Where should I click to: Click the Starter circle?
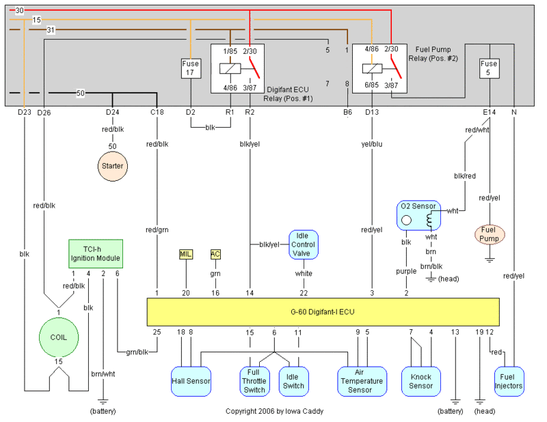[112, 165]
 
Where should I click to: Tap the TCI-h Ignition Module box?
[96, 253]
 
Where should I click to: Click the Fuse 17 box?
[190, 68]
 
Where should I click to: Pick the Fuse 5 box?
[489, 68]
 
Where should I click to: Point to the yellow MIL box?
[185, 254]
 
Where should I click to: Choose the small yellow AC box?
[215, 254]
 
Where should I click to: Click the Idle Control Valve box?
[303, 244]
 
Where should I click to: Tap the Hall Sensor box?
[191, 381]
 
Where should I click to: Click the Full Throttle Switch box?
[255, 381]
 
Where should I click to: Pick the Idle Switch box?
[293, 381]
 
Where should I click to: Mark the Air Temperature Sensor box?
[360, 381]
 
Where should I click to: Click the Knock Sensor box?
[421, 381]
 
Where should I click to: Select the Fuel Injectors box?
[509, 381]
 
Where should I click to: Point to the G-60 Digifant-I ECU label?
[323, 312]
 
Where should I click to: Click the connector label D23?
[25, 112]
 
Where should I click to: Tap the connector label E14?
[489, 112]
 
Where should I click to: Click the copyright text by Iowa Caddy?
[275, 412]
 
